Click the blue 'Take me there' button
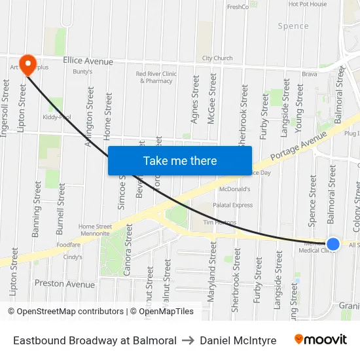(x=180, y=160)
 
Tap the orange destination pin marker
(x=28, y=64)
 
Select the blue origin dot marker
(x=333, y=243)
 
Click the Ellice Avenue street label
(x=88, y=62)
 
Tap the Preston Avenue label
(x=64, y=284)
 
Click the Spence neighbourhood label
(x=293, y=26)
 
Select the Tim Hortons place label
(x=219, y=222)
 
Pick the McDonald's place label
(x=235, y=189)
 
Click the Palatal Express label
(x=232, y=205)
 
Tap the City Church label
(x=217, y=58)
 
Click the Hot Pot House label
(x=308, y=4)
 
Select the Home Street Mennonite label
(x=95, y=229)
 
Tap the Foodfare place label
(x=68, y=245)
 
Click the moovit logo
(x=320, y=340)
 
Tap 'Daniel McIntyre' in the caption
(x=238, y=340)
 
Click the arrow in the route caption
(x=188, y=340)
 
